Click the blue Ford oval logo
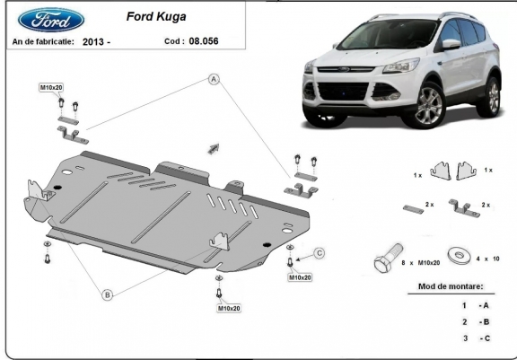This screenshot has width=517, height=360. pyautogui.click(x=51, y=20)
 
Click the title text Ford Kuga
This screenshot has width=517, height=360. pyautogui.click(x=156, y=16)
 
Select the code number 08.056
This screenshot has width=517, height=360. pyautogui.click(x=204, y=41)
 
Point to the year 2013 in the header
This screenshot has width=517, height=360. pyautogui.click(x=92, y=42)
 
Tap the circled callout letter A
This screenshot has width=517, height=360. pyautogui.click(x=214, y=79)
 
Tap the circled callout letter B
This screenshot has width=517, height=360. pyautogui.click(x=107, y=294)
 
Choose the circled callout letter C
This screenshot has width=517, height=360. pyautogui.click(x=320, y=253)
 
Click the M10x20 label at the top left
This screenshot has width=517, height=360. pyautogui.click(x=51, y=87)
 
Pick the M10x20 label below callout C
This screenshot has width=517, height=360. pyautogui.click(x=300, y=277)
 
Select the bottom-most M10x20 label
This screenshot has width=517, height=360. pyautogui.click(x=229, y=308)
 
